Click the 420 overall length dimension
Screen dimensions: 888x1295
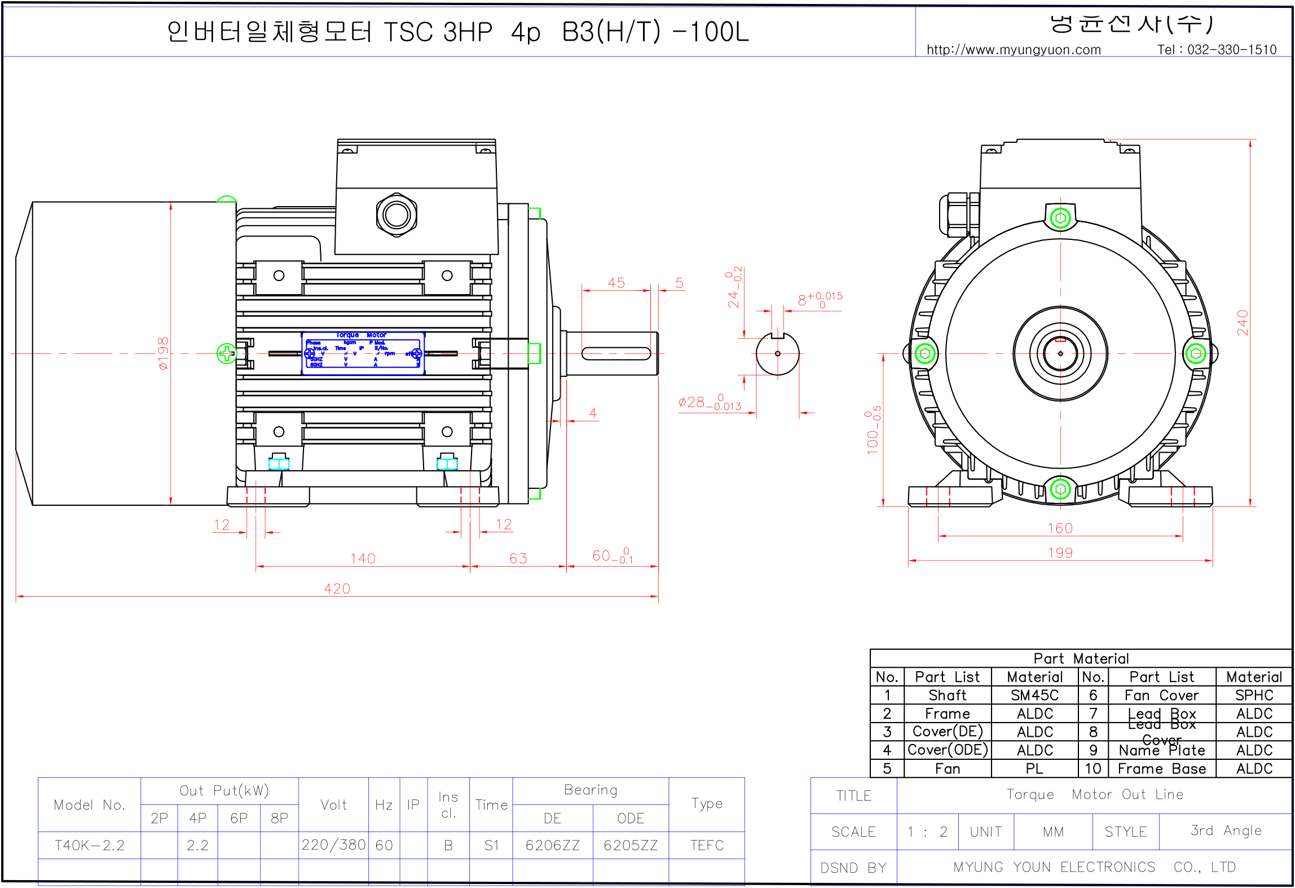point(337,589)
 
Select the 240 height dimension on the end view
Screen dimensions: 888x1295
point(1242,322)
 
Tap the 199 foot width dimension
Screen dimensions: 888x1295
point(1060,553)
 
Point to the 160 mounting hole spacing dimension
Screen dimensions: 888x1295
point(1060,528)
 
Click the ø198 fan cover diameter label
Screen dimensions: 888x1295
point(163,353)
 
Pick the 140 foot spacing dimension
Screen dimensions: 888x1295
point(363,558)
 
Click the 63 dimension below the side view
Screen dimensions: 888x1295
point(518,558)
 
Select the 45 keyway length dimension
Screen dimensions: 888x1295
point(616,283)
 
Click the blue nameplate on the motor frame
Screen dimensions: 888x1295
point(363,353)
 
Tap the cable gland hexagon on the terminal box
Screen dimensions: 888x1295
point(397,215)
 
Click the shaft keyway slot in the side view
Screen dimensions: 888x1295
point(616,354)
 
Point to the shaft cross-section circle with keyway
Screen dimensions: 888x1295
point(777,354)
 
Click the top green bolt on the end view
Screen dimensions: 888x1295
point(1060,218)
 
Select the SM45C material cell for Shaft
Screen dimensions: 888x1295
point(1034,695)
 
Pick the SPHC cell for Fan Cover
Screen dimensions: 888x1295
point(1254,695)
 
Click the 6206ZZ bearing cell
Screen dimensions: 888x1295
point(552,845)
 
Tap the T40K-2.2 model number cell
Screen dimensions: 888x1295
point(89,845)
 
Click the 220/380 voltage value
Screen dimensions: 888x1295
point(333,845)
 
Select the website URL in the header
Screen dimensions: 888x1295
point(1014,50)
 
